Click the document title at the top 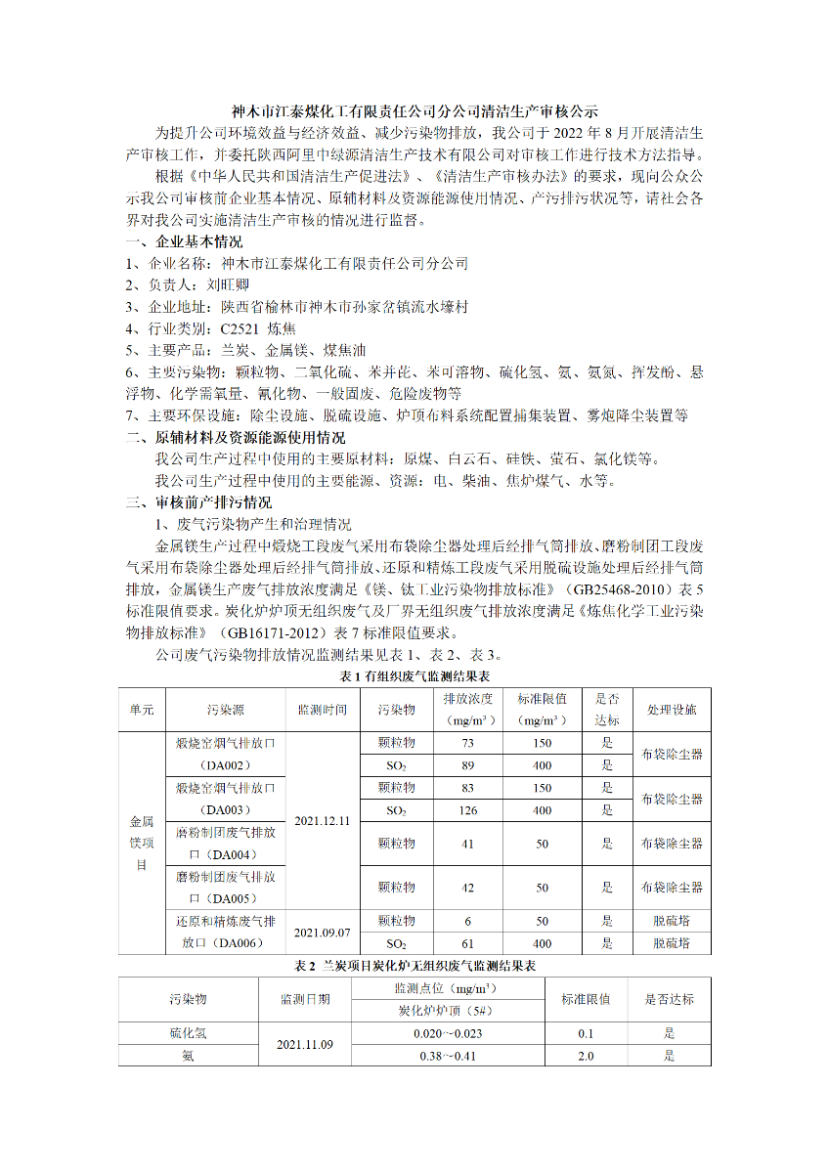click(414, 111)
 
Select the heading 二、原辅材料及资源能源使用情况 click(236, 437)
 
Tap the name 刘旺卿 click(228, 285)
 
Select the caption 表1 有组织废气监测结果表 click(414, 676)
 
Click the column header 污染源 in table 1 click(224, 710)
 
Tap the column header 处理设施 click(672, 710)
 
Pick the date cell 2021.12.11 click(322, 820)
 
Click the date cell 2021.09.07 click(322, 933)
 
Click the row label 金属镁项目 click(142, 843)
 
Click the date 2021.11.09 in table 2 click(305, 1045)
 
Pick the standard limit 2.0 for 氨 click(586, 1056)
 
